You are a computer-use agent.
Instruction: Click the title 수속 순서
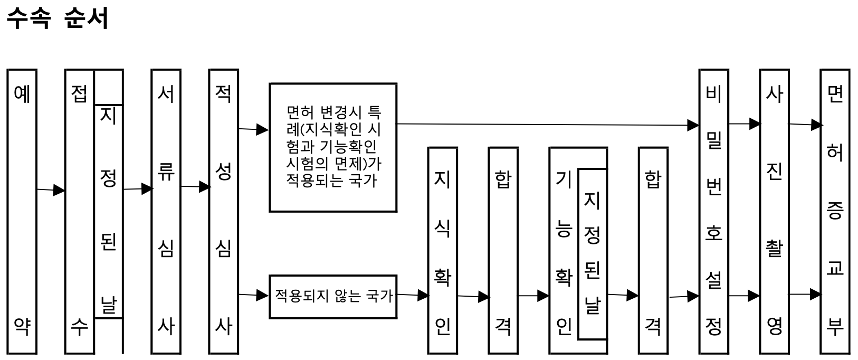coord(57,18)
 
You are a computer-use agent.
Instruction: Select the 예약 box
coord(22,211)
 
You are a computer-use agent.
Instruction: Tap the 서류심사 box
coord(166,211)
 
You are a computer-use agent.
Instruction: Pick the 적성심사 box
coord(223,211)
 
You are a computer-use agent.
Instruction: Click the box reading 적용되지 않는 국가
coord(333,296)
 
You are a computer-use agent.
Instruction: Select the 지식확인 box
coord(442,250)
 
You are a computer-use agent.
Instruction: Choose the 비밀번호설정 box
coord(713,211)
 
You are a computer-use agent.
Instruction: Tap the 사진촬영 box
coord(774,211)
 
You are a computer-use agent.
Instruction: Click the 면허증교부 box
coord(835,211)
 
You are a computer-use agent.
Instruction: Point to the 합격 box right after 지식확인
coord(503,250)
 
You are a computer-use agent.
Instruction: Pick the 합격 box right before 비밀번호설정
coord(653,250)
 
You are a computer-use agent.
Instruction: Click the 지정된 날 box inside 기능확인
coord(592,253)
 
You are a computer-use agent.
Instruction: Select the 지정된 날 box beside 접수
coord(108,211)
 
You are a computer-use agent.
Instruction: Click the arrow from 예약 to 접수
coord(51,190)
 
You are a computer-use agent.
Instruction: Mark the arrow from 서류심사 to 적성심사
coord(195,187)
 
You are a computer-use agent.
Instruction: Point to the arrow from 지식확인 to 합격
coord(473,297)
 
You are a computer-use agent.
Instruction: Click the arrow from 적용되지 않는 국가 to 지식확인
coord(413,296)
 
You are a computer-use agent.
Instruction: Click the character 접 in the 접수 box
coord(79,94)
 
